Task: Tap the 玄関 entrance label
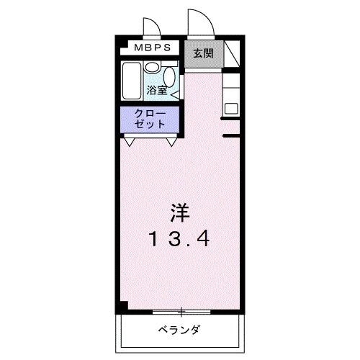point(202,53)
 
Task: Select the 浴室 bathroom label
point(157,91)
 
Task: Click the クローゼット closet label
point(150,119)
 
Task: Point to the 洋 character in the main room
point(181,213)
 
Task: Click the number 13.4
point(180,238)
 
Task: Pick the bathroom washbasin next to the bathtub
point(152,67)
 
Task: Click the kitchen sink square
point(231,108)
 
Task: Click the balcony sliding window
point(181,312)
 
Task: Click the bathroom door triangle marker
point(176,92)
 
